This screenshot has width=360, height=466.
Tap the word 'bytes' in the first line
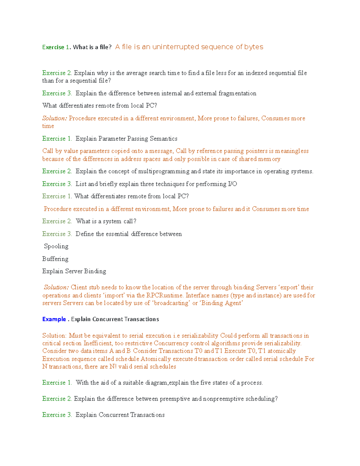[253, 47]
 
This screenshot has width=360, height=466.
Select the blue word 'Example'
[54, 319]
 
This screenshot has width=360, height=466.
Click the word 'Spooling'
[56, 246]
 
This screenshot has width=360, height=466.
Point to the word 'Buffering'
[55, 259]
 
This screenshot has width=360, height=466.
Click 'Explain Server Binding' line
[74, 271]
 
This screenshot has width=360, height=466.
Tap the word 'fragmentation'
[237, 93]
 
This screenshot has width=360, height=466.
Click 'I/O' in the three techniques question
[232, 184]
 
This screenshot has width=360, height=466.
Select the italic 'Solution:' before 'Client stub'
[56, 287]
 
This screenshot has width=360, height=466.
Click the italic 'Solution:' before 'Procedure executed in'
[55, 118]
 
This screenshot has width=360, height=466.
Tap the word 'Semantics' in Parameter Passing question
[163, 139]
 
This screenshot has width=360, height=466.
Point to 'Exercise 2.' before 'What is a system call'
[57, 221]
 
